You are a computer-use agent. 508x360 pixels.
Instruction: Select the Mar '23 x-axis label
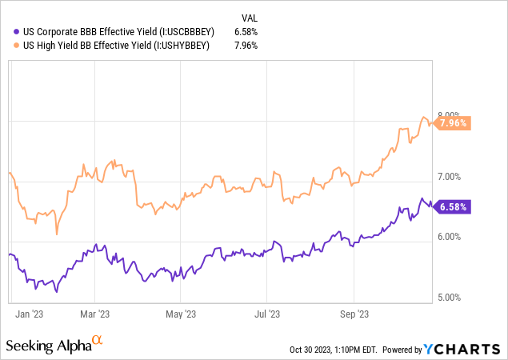[94, 314]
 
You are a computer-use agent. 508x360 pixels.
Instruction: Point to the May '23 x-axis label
[184, 314]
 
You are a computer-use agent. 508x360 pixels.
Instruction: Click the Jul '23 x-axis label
[267, 314]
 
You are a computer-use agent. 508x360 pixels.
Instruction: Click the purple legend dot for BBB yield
[18, 31]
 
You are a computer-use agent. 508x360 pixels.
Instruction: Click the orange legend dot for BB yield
[18, 46]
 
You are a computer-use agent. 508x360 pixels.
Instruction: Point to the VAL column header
[250, 17]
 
